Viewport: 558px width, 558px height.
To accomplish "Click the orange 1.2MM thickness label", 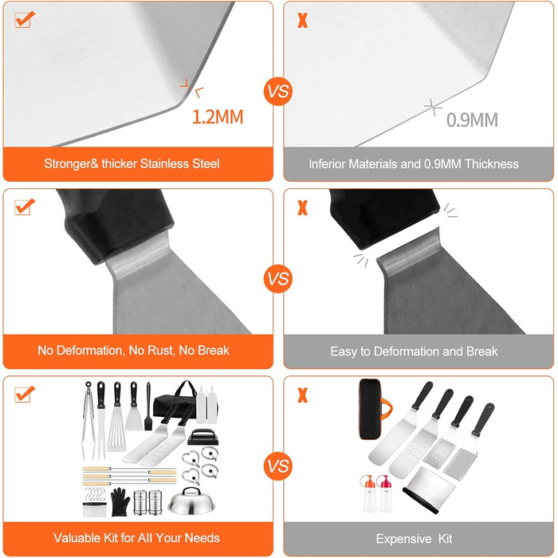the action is click(x=218, y=116).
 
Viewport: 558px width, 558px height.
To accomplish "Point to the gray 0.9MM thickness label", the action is click(x=472, y=120).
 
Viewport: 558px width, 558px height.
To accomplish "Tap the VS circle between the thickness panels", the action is click(x=278, y=91).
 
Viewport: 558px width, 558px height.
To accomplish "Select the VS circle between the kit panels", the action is click(x=278, y=466).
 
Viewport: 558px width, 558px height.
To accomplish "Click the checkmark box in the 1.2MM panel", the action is click(x=25, y=19).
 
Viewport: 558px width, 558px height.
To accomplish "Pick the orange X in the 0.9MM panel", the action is click(x=302, y=20).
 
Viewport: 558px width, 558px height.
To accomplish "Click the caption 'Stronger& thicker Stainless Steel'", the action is click(x=132, y=163).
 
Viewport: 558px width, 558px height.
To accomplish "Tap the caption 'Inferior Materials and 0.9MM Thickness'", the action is click(x=414, y=164).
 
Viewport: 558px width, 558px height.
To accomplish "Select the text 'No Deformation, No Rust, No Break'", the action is click(x=133, y=351).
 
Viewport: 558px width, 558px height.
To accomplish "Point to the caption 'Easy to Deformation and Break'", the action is click(x=414, y=352).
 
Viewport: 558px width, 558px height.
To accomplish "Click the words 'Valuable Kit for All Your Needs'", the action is click(x=136, y=538).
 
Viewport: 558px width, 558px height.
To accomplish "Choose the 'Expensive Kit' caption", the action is click(x=414, y=539).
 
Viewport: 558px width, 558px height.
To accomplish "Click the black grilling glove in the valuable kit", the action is click(x=120, y=501).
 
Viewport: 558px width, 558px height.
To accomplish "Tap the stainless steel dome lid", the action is click(x=191, y=501).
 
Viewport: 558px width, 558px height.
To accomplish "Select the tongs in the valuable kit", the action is click(x=88, y=420).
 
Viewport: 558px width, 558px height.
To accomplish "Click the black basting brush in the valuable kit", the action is click(x=148, y=407).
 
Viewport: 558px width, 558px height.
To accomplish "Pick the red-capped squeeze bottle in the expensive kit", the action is click(x=385, y=493).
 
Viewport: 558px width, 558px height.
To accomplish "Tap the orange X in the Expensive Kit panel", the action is click(x=302, y=395).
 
